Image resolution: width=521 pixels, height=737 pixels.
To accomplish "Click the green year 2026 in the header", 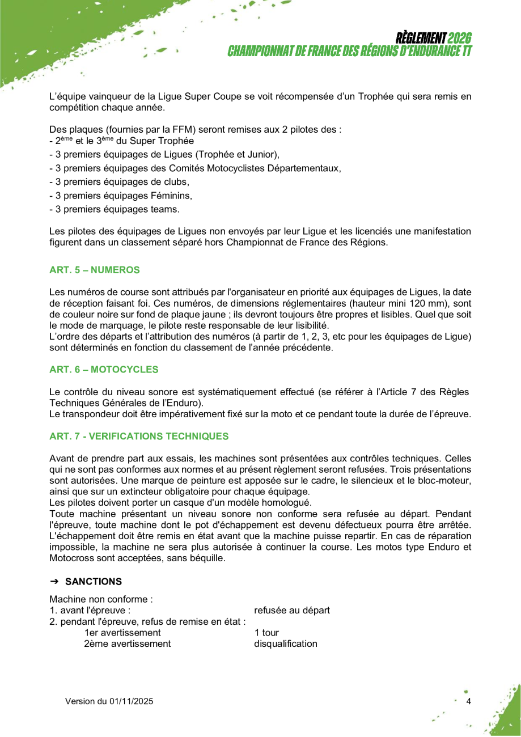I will click(459, 38).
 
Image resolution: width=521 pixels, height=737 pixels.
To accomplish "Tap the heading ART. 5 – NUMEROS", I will click(95, 270).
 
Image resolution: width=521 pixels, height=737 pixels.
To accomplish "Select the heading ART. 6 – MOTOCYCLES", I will click(104, 370).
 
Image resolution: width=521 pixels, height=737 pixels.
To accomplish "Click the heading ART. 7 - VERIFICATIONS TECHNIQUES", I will click(139, 437).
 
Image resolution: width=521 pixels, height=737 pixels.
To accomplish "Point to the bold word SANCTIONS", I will click(94, 582).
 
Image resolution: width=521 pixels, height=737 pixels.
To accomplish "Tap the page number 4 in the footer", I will click(468, 701).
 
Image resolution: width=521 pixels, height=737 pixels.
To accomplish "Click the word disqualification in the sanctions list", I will click(286, 644).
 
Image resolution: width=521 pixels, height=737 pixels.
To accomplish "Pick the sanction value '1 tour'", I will click(266, 633).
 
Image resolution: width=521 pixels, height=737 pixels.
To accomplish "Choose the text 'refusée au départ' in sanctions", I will click(292, 611).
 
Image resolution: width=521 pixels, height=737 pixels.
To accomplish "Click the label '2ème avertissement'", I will click(127, 644).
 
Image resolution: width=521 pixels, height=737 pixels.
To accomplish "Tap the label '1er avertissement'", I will click(122, 633).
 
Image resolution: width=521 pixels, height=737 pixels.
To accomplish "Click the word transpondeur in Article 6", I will click(92, 414).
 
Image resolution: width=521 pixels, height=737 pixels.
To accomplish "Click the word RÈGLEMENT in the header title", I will click(421, 38).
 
